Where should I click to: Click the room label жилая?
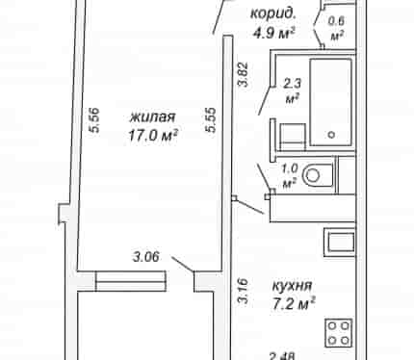[152, 116]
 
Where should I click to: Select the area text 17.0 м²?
[153, 135]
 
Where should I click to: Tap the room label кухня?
[292, 285]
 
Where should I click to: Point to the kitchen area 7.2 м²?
[294, 303]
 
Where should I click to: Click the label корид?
[272, 13]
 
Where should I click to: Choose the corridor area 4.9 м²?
[273, 33]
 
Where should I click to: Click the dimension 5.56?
[94, 120]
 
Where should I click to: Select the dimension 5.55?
[211, 120]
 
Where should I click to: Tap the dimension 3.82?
[243, 74]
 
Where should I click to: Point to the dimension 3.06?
[146, 257]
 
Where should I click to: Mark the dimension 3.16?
[243, 291]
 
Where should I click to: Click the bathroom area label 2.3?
[292, 84]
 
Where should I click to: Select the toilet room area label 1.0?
[290, 167]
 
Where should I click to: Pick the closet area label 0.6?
[337, 21]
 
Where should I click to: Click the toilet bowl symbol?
[318, 175]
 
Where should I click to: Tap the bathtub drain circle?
[331, 135]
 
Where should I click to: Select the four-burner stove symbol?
[339, 333]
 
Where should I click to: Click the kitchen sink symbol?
[340, 243]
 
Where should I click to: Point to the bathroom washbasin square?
[293, 137]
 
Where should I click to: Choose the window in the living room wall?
[131, 281]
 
